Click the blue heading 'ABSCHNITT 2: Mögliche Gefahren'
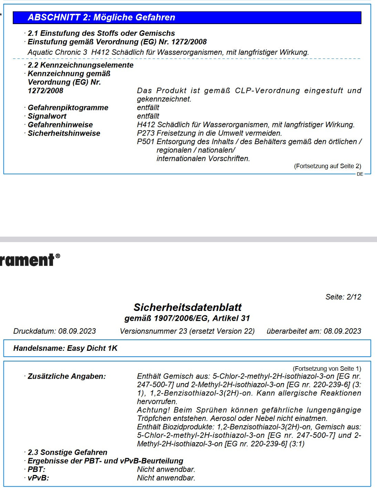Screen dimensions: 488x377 click(101, 18)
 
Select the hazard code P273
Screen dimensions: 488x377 click(146, 133)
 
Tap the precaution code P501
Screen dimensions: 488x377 click(146, 142)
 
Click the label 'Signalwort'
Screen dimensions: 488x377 click(47, 116)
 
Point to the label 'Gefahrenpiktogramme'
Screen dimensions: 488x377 click(68, 108)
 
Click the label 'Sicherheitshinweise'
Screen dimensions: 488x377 click(64, 133)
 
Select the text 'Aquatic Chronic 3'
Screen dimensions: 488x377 click(57, 52)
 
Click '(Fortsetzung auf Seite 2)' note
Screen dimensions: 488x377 click(327, 166)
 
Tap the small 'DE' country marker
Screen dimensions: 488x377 click(360, 174)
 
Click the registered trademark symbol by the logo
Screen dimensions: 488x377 click(57, 256)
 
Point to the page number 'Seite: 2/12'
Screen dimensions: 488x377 click(343, 297)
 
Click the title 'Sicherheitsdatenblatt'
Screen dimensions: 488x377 click(188, 307)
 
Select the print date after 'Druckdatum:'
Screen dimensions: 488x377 click(77, 331)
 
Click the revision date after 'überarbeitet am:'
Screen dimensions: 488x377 click(342, 331)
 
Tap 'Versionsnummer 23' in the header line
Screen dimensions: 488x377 click(153, 331)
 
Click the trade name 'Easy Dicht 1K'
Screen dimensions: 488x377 click(92, 348)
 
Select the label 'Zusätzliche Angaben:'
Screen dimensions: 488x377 click(67, 376)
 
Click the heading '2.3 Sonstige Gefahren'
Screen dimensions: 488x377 click(67, 452)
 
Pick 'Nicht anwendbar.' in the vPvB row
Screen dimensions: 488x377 click(166, 478)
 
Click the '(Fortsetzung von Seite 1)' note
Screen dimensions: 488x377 click(327, 369)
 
